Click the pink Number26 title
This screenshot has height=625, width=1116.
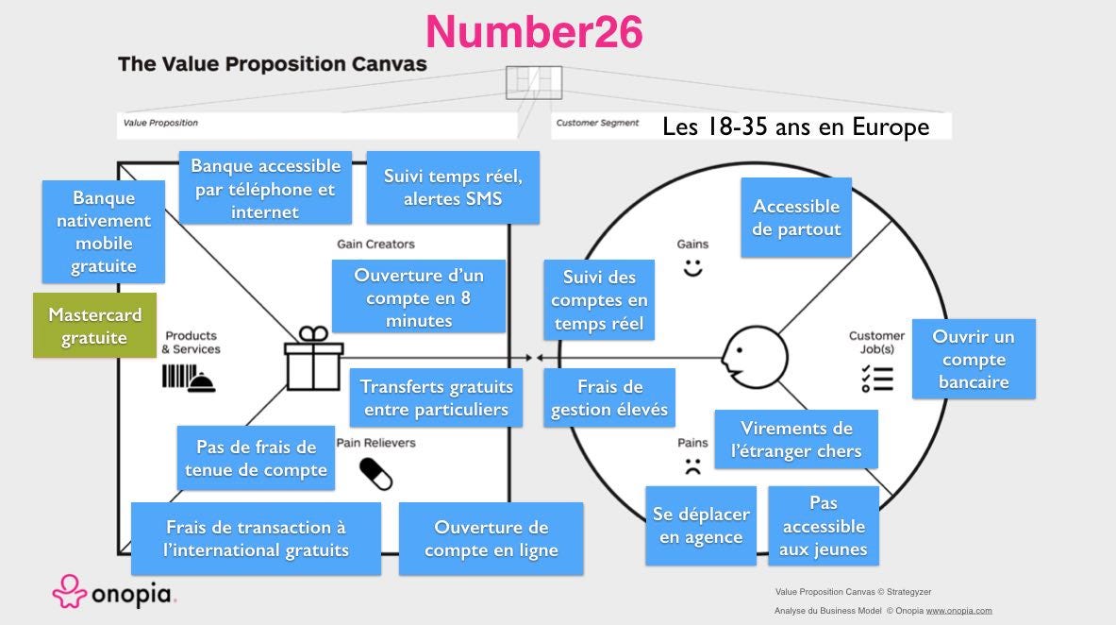[534, 32]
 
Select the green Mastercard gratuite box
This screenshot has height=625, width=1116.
[94, 326]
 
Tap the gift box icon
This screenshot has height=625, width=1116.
[314, 359]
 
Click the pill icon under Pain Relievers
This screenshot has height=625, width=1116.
[375, 473]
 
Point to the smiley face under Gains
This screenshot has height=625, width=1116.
[693, 268]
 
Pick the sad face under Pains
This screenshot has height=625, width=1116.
[693, 465]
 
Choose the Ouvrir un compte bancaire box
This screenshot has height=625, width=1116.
[974, 359]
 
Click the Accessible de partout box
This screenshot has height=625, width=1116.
[796, 217]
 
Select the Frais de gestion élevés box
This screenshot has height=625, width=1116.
[609, 397]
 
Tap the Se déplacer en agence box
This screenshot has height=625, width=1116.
[701, 526]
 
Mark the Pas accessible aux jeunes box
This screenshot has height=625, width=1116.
[824, 526]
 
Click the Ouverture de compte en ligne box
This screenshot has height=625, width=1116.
[491, 538]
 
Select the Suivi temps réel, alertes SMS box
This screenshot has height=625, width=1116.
[453, 187]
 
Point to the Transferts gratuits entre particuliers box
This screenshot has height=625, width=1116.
[436, 397]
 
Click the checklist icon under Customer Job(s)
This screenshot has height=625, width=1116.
[876, 377]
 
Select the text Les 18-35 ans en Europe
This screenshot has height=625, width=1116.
[795, 127]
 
